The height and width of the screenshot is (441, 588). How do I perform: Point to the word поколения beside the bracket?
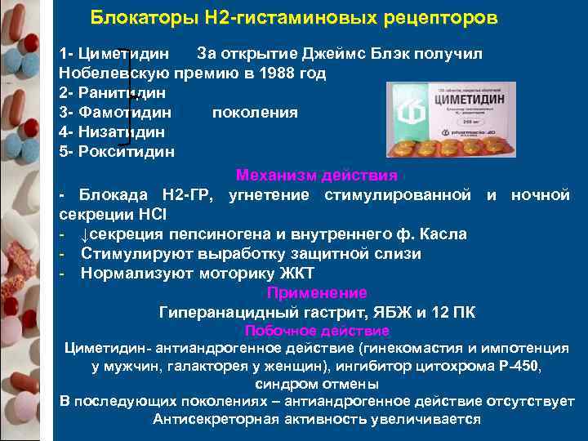coord(255,112)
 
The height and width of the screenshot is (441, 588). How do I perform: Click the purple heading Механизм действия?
coord(317,175)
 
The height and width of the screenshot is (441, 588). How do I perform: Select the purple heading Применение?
coord(317,292)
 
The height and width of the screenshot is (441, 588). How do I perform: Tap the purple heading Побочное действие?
coord(317,331)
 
